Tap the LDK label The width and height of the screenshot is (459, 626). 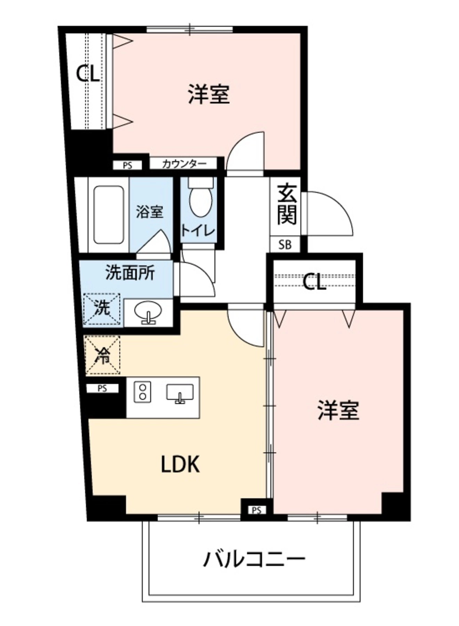(x=180, y=464)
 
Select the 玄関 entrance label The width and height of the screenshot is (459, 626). (x=287, y=204)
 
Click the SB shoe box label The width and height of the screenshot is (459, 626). (x=285, y=245)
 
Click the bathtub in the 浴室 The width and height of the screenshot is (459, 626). (x=109, y=215)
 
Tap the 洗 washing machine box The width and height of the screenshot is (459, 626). (x=102, y=309)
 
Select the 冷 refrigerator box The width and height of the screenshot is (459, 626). (x=103, y=355)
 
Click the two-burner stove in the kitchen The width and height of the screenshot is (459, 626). (x=143, y=392)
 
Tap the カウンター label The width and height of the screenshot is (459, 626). (x=184, y=163)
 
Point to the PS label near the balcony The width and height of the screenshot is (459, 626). (x=256, y=511)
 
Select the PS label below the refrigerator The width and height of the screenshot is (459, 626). (x=102, y=388)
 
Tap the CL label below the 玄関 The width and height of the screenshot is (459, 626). (x=314, y=282)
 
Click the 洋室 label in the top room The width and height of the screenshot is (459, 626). (x=209, y=94)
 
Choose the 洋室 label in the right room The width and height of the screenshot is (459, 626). (x=338, y=410)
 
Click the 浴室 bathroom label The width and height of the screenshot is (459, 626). (x=149, y=211)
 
